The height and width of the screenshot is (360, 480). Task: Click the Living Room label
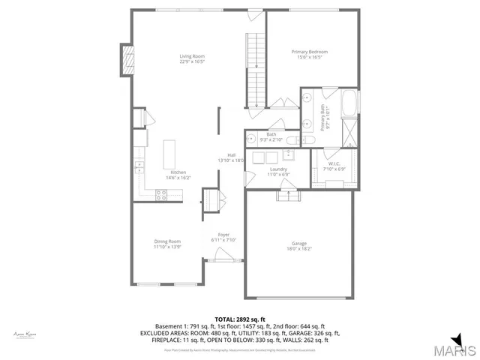[x=192, y=59]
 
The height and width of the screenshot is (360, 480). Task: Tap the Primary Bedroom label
[x=310, y=55]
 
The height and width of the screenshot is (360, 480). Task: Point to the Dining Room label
[x=167, y=244]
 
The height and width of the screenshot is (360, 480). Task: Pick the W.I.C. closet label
[x=331, y=166]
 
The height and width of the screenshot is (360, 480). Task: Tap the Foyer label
[x=223, y=238]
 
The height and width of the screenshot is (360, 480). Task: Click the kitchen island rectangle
[x=169, y=153]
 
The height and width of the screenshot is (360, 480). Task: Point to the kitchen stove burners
[x=160, y=194]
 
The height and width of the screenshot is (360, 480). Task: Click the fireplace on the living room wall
[x=127, y=60]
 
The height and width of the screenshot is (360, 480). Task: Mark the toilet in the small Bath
[x=307, y=139]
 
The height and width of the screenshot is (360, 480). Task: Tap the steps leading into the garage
[x=289, y=196]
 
